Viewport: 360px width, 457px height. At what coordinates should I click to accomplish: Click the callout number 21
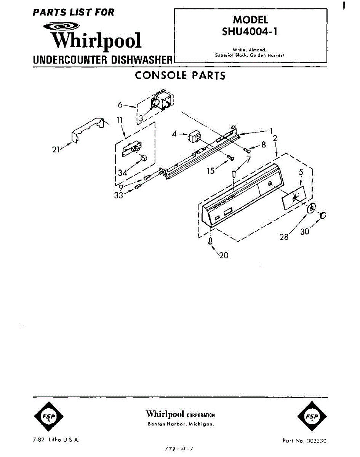(56, 150)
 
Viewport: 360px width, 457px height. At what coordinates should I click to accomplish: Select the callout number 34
(122, 173)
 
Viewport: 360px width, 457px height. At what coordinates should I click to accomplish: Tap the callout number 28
(284, 236)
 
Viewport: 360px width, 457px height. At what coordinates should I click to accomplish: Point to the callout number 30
(304, 231)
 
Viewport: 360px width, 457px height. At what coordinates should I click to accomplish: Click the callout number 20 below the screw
(224, 255)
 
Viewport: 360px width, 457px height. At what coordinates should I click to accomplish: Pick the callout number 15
(211, 171)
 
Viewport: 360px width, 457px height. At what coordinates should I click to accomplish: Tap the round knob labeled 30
(322, 216)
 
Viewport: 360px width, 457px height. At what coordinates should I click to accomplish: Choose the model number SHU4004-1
(250, 32)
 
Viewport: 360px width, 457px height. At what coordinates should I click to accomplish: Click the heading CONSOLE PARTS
(180, 75)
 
